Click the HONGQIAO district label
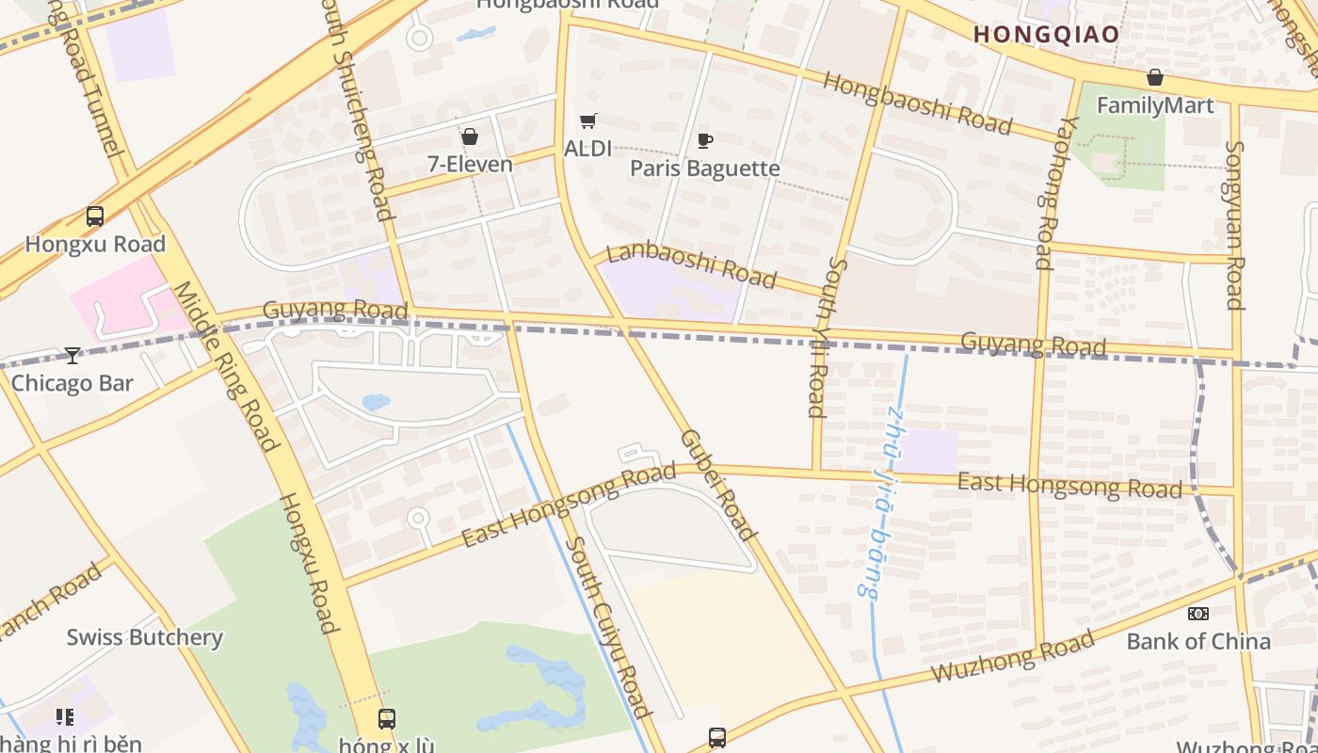pyautogui.click(x=1046, y=35)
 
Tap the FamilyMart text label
pyautogui.click(x=1155, y=105)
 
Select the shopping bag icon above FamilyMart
pyautogui.click(x=1155, y=77)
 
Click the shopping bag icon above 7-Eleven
pyautogui.click(x=470, y=136)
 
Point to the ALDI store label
pyautogui.click(x=587, y=149)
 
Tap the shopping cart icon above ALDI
pyautogui.click(x=588, y=120)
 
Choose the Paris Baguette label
pyautogui.click(x=705, y=168)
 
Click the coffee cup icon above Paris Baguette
pyautogui.click(x=704, y=141)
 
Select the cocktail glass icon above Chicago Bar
pyautogui.click(x=72, y=355)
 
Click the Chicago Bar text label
pyautogui.click(x=72, y=383)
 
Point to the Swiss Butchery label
pyautogui.click(x=144, y=637)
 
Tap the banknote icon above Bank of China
pyautogui.click(x=1197, y=614)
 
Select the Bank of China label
pyautogui.click(x=1198, y=642)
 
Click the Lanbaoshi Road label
pyautogui.click(x=692, y=264)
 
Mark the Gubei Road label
pyautogui.click(x=718, y=486)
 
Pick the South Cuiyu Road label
pyautogui.click(x=609, y=627)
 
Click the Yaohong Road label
pyautogui.click(x=1044, y=193)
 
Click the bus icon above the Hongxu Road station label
pyautogui.click(x=95, y=216)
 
